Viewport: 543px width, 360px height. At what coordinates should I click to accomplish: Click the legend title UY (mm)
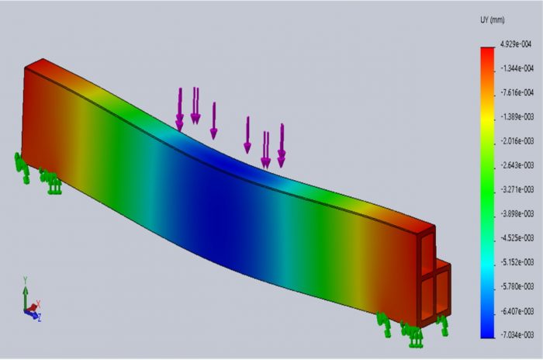coord(493,19)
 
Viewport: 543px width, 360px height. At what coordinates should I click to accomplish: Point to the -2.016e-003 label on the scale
coord(515,140)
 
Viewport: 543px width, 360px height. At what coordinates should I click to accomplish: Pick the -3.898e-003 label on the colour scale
coord(515,213)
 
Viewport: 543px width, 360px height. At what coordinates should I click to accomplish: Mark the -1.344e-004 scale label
coord(515,68)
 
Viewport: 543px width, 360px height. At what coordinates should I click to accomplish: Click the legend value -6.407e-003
coord(515,310)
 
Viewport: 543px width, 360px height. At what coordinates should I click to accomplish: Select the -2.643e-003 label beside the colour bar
coord(515,164)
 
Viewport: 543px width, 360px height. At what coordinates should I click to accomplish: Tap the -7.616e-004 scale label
coord(515,92)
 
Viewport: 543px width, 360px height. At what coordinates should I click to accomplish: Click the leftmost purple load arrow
coord(180,109)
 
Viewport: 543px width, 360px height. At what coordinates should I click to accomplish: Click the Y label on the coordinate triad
coord(26,280)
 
